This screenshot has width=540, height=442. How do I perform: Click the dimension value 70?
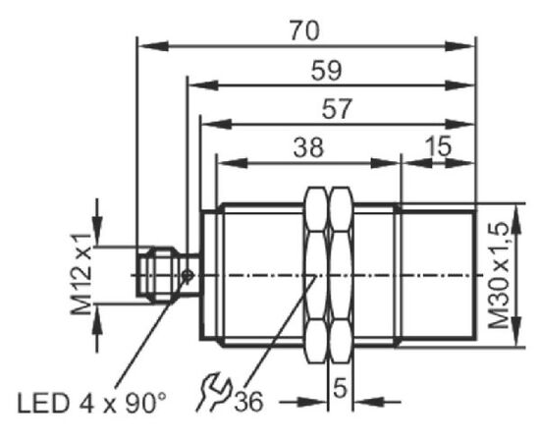[x=304, y=30]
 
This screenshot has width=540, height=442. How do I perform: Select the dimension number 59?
[x=327, y=71]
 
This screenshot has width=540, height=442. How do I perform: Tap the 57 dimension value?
[x=337, y=109]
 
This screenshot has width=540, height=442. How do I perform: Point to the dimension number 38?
[x=309, y=147]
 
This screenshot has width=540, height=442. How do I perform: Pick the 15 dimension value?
[x=437, y=145]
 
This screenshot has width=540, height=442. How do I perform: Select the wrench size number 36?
[x=248, y=401]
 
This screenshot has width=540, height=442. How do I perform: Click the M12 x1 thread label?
[x=81, y=274]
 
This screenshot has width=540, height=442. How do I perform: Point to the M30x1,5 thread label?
[x=500, y=275]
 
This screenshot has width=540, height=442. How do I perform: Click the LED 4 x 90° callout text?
[x=91, y=403]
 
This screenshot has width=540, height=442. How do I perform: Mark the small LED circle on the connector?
[x=188, y=275]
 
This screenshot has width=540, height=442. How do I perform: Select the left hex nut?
[x=316, y=275]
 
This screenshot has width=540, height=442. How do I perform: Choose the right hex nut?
[x=341, y=275]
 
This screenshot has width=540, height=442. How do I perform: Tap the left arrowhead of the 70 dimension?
[x=153, y=46]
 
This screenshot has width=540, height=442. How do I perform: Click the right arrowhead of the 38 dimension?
[x=386, y=163]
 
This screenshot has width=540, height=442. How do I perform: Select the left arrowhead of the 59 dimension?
[x=203, y=85]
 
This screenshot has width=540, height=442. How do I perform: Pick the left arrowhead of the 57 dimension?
[x=216, y=124]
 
